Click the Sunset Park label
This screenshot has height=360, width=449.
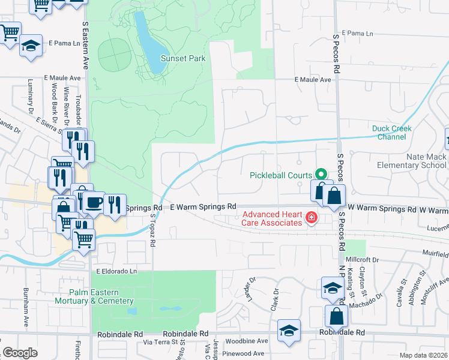click(x=183, y=58)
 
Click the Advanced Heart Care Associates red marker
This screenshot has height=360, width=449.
click(x=311, y=217)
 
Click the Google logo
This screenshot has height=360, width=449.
click(x=20, y=353)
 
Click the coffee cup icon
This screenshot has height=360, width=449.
click(x=94, y=202)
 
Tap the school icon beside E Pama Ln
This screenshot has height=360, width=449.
click(x=30, y=46)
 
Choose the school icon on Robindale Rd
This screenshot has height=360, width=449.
click(x=289, y=329)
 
